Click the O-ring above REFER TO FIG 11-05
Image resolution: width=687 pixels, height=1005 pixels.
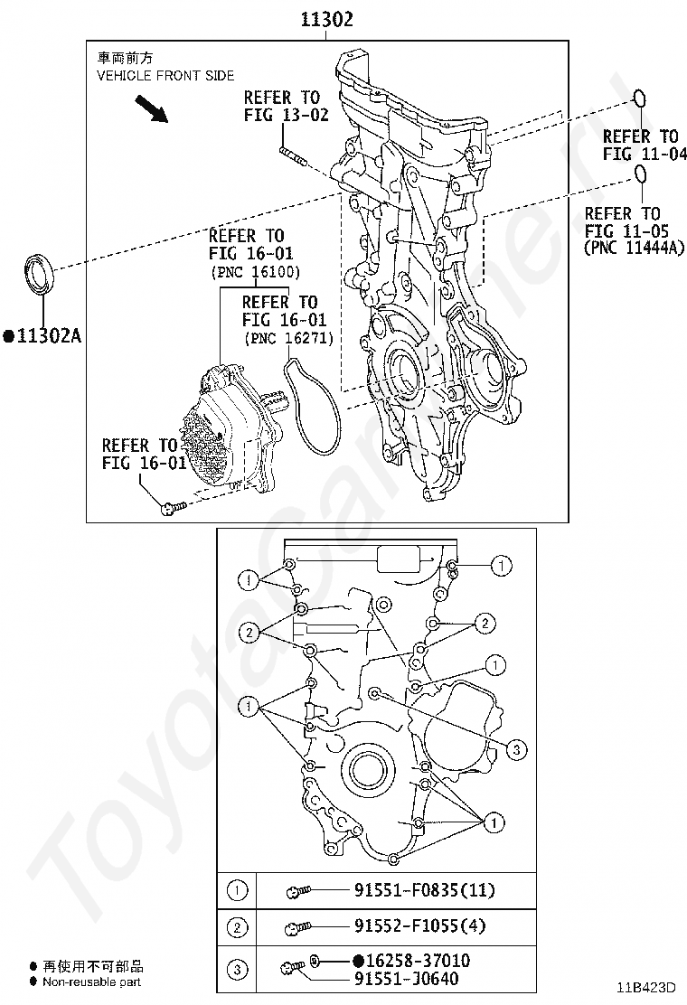pyautogui.click(x=640, y=174)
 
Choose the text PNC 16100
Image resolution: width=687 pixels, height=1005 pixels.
pyautogui.click(x=255, y=272)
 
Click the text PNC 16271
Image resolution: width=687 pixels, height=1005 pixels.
pyautogui.click(x=288, y=338)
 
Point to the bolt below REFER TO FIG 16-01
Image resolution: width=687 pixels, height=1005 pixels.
pyautogui.click(x=172, y=509)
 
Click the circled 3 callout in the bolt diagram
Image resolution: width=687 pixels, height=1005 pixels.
pyautogui.click(x=516, y=749)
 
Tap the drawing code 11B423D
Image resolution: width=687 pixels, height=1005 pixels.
pyautogui.click(x=647, y=990)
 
